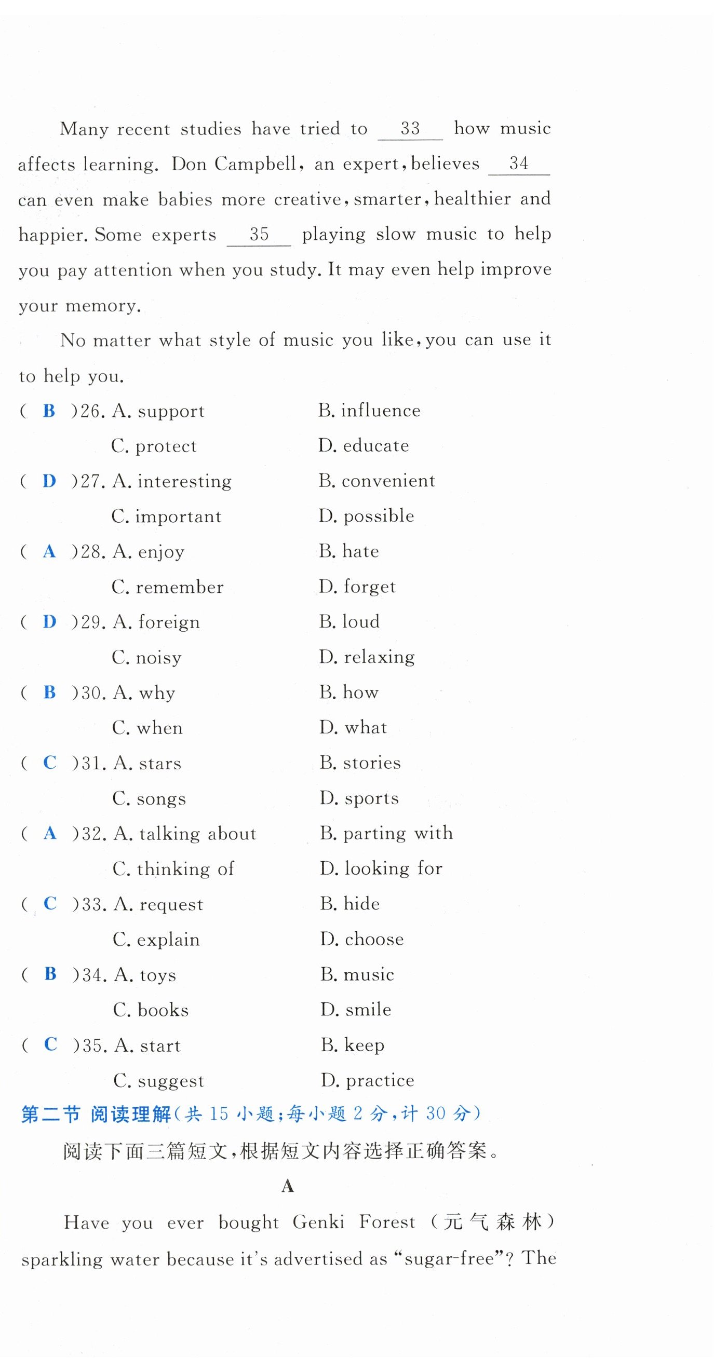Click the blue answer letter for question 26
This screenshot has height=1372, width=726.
[49, 411]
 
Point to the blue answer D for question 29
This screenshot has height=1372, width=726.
[49, 621]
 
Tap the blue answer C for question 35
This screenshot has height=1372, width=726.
[50, 1044]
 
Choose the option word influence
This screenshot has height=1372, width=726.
[380, 411]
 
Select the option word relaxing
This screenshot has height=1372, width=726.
[379, 657]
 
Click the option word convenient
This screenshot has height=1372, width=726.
[388, 481]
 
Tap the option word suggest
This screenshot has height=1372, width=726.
[170, 1081]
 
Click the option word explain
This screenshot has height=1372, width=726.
[168, 940]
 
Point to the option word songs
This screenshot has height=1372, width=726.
[162, 799]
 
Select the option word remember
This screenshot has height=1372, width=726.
[180, 587]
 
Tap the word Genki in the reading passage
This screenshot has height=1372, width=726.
[318, 1222]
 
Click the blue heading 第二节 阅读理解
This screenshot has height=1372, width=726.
[96, 1114]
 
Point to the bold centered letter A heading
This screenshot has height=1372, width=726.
[288, 1186]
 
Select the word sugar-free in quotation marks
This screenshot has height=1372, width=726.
[449, 1258]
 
